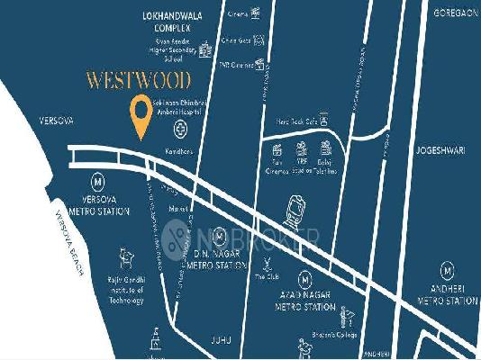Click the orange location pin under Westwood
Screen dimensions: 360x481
(x=141, y=115)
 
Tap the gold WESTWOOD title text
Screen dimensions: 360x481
(x=139, y=80)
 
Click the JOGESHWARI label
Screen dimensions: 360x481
(x=444, y=141)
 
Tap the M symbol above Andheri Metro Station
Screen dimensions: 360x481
(x=448, y=269)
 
